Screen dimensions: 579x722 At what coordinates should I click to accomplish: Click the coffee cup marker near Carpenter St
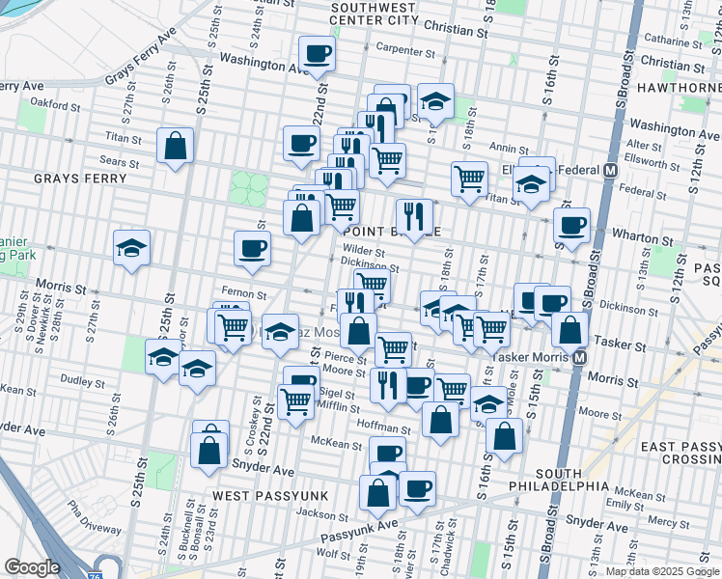coord(316,54)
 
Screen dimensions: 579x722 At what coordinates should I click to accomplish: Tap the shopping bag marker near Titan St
coord(176,147)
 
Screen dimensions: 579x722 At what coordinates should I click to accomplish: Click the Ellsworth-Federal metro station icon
coord(610,171)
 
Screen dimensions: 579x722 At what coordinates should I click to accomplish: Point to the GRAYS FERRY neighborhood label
coord(81,179)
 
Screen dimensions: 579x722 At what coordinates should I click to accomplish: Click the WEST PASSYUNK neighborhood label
coord(271,495)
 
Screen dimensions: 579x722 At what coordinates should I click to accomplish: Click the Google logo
coord(32,567)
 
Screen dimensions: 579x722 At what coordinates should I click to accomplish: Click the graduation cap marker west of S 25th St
coord(131,248)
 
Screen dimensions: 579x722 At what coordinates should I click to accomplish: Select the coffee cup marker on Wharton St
coord(571,225)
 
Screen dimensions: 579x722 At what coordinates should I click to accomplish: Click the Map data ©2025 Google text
coord(662,571)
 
